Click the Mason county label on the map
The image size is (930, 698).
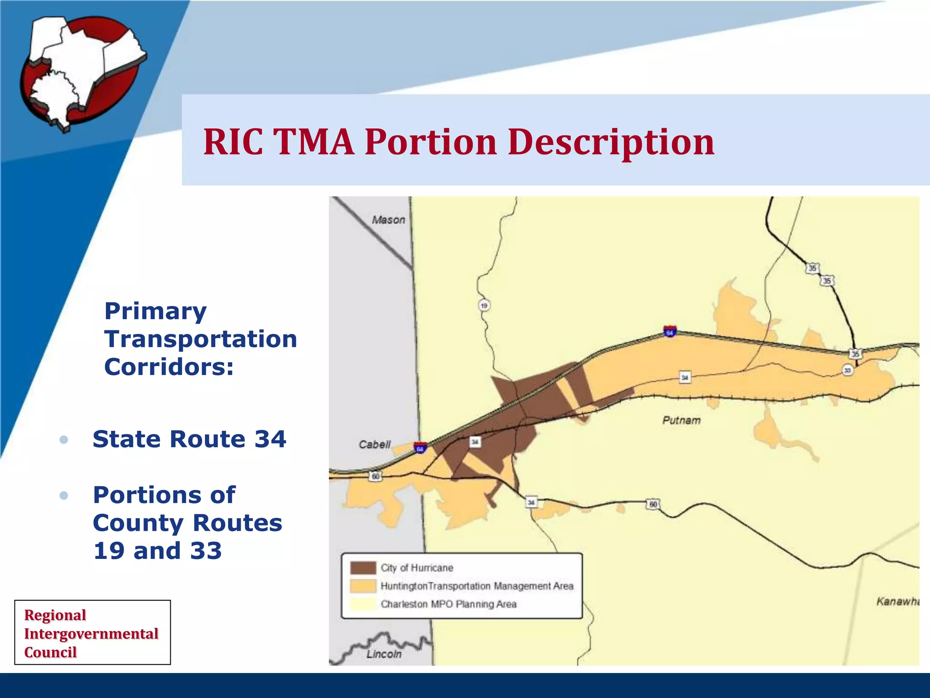388,220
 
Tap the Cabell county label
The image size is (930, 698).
374,444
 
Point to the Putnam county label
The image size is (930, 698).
681,420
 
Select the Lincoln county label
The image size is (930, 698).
384,654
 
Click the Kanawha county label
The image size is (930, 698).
897,602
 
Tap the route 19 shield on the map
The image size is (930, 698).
484,305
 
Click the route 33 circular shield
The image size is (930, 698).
847,370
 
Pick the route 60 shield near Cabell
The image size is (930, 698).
376,476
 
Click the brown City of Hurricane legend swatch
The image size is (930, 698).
363,568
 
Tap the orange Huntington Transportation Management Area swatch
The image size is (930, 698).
363,586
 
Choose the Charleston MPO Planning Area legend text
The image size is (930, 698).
448,604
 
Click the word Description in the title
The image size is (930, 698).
611,142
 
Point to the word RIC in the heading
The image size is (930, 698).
233,142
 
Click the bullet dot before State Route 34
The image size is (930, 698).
64,439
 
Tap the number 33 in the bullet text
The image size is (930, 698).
206,551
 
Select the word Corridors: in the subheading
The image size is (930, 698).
169,367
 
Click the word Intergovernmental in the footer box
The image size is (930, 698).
91,633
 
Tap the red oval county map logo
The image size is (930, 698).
82,73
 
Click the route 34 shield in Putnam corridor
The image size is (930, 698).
685,377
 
